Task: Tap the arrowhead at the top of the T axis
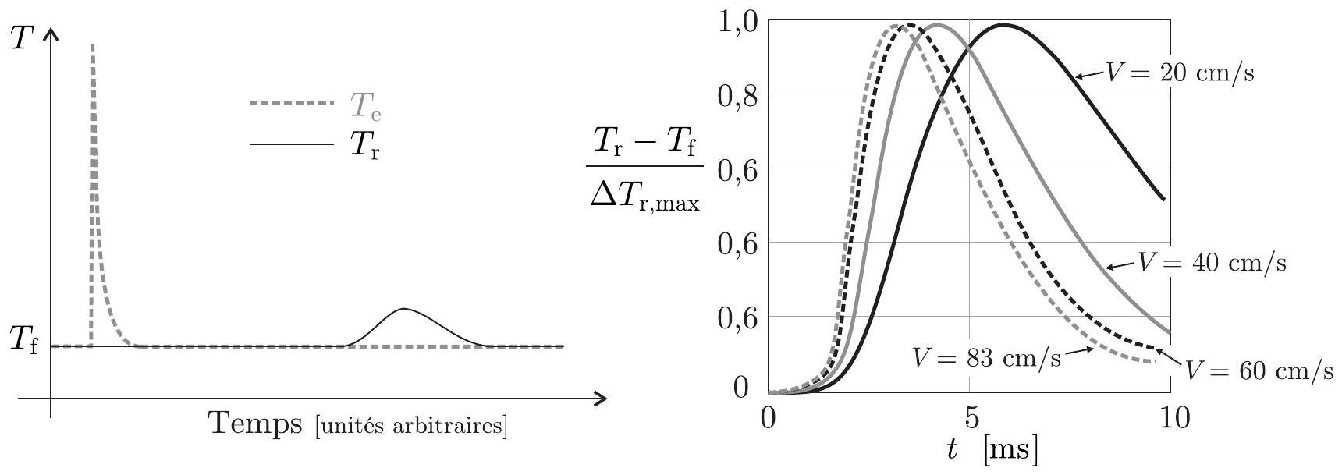coord(51,36)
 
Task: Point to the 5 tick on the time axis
coord(969,418)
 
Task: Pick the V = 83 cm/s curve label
coord(985,360)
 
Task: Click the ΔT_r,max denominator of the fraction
coord(644,204)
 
